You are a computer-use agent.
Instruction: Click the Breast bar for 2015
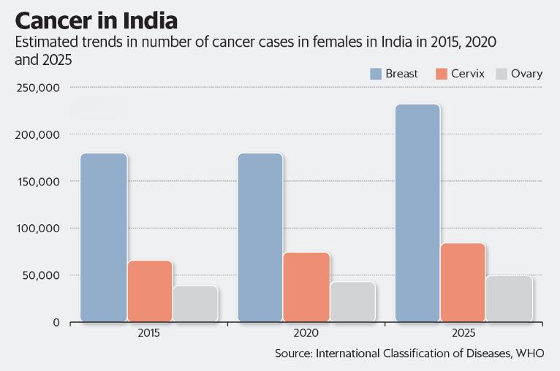pos(103,237)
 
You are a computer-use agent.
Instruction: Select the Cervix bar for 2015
pos(150,291)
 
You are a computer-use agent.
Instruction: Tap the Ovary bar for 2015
pos(195,303)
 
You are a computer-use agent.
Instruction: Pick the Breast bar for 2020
pos(260,237)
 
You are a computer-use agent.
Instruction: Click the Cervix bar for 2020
pos(307,287)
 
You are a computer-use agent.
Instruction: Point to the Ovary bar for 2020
pos(352,302)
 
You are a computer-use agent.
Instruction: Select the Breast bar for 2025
pos(417,213)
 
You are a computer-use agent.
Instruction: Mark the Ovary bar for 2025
pos(510,298)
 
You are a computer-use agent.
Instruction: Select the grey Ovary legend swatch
pos(502,74)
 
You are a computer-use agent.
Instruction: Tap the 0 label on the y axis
pos(55,322)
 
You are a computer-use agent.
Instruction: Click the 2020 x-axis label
pos(306,333)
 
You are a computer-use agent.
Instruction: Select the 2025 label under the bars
pos(463,333)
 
